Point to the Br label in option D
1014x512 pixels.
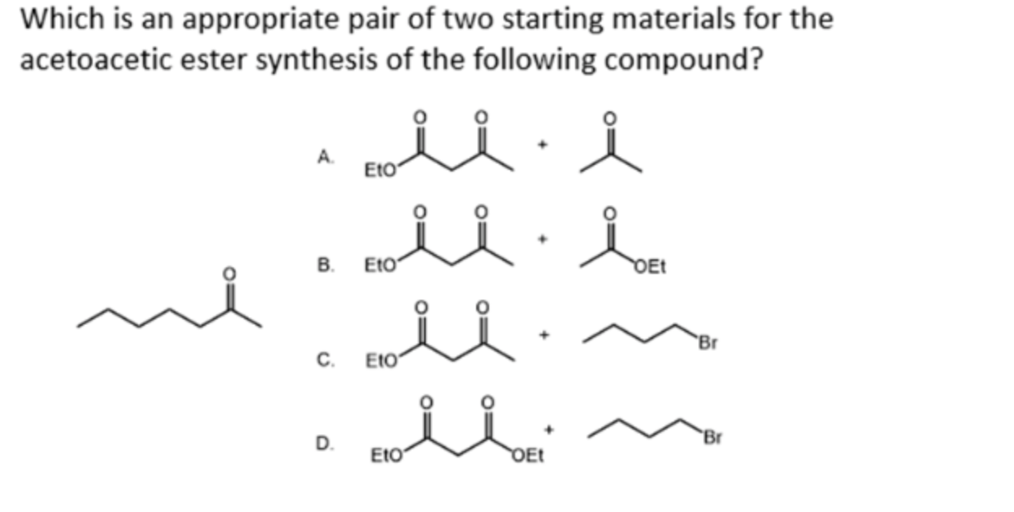pyautogui.click(x=713, y=439)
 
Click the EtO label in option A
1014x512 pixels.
pyautogui.click(x=379, y=171)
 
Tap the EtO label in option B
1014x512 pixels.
pyautogui.click(x=379, y=265)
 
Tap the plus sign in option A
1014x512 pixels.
pyautogui.click(x=547, y=145)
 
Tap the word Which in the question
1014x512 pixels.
pyautogui.click(x=53, y=19)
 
